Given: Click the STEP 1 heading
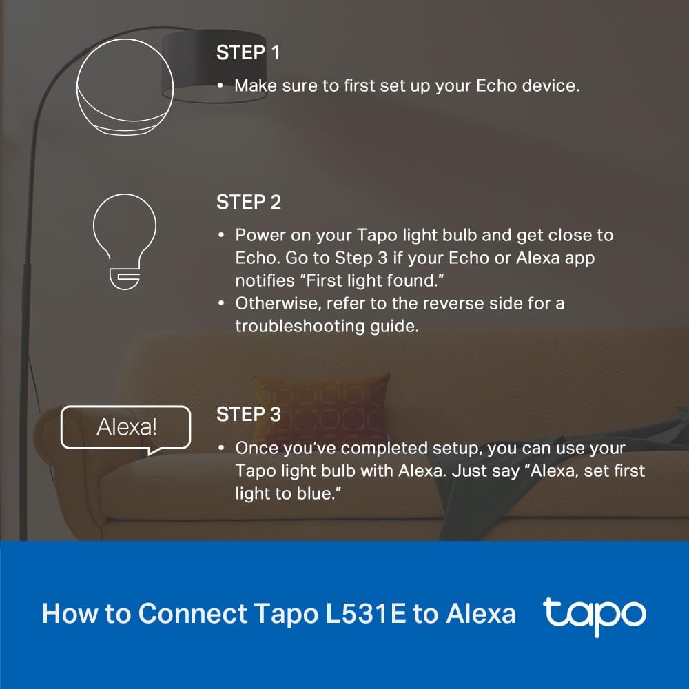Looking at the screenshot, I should (248, 53).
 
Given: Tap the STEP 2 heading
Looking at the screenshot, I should (249, 203).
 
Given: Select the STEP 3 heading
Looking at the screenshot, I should (249, 415).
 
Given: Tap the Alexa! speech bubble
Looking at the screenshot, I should (126, 429).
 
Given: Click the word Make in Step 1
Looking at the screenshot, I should (256, 86).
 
